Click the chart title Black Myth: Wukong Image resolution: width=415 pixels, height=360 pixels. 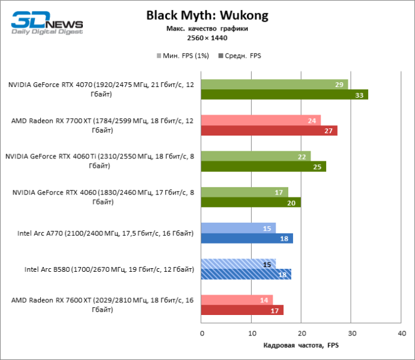click(x=207, y=15)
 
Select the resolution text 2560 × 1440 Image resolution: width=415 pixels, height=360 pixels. click(x=207, y=38)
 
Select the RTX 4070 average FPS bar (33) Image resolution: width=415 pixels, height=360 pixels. click(x=285, y=94)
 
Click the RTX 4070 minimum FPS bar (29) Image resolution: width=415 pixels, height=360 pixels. click(x=274, y=85)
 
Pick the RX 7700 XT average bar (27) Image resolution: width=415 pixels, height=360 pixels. click(x=269, y=130)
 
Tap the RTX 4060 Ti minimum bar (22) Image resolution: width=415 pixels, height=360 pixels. click(x=256, y=156)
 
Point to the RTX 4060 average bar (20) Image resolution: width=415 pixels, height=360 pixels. click(x=251, y=202)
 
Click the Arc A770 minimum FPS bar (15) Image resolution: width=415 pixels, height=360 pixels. click(x=238, y=228)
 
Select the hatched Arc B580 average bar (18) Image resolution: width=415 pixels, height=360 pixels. click(x=246, y=274)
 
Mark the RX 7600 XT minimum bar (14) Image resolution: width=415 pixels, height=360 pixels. click(x=237, y=300)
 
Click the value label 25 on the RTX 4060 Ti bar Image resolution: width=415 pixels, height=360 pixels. click(x=317, y=166)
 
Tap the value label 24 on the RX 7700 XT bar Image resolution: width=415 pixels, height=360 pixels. click(x=312, y=121)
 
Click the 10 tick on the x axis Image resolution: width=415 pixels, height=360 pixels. click(x=252, y=333)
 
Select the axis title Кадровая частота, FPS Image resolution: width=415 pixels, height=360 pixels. click(x=301, y=346)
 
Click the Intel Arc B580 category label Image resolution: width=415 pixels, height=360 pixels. click(x=109, y=269)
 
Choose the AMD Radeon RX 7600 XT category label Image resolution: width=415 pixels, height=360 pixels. click(x=102, y=305)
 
